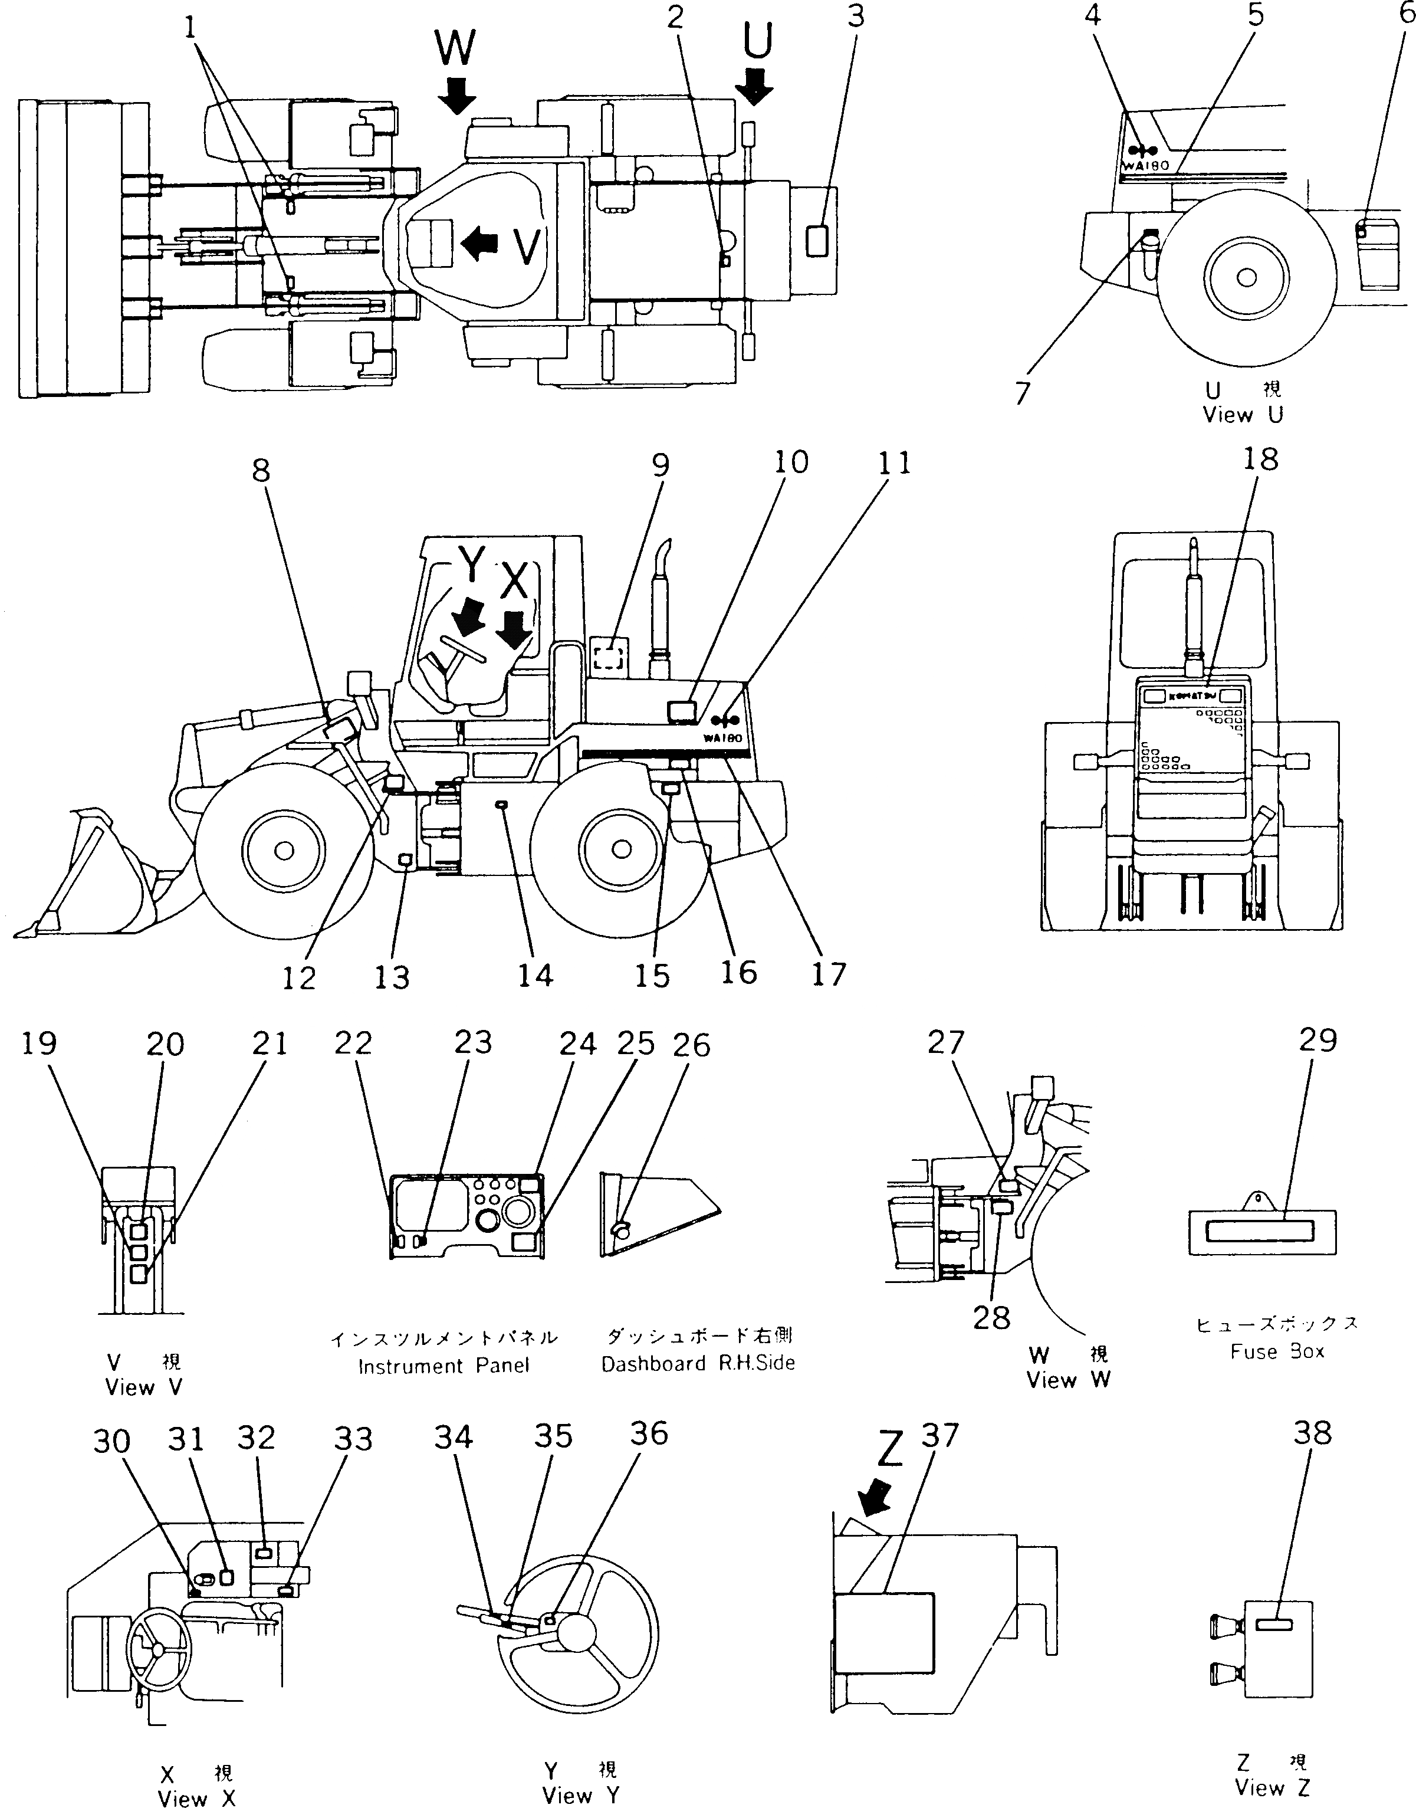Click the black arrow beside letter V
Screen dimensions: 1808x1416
480,243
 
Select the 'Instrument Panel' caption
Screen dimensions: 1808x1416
443,1366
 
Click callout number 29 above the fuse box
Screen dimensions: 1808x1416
1318,1040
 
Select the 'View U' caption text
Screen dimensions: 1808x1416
1243,415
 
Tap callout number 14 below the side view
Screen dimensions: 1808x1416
535,975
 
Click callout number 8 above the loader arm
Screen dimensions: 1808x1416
260,470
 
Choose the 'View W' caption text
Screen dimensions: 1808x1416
1068,1380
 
